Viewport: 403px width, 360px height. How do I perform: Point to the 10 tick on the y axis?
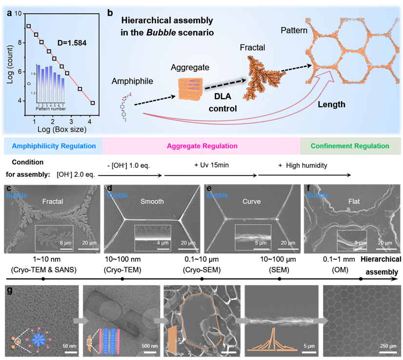[x=18, y=14]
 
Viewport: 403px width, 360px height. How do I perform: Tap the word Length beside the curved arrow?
[x=331, y=104]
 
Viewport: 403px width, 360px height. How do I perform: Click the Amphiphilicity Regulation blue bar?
[x=52, y=146]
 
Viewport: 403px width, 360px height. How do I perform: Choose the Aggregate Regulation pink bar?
[x=202, y=146]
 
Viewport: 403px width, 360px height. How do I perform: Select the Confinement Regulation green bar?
[x=352, y=146]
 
